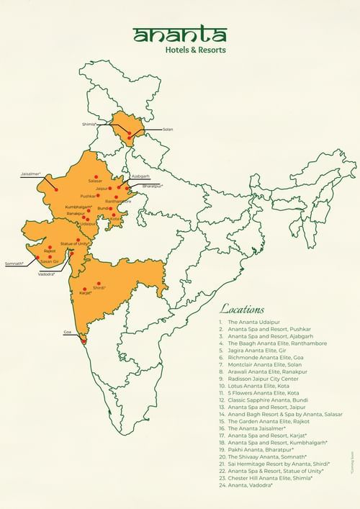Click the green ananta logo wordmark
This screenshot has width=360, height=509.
coord(179,35)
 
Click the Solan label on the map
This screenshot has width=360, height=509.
coord(168,130)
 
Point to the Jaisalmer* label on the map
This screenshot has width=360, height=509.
coord(30,174)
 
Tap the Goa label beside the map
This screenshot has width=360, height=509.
coord(68,332)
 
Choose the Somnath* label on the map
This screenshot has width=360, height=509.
coord(14,264)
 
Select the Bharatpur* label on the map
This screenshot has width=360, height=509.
coord(153,186)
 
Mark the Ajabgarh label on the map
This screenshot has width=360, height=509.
coord(140,176)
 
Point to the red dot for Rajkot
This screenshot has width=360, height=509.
coord(50,246)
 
